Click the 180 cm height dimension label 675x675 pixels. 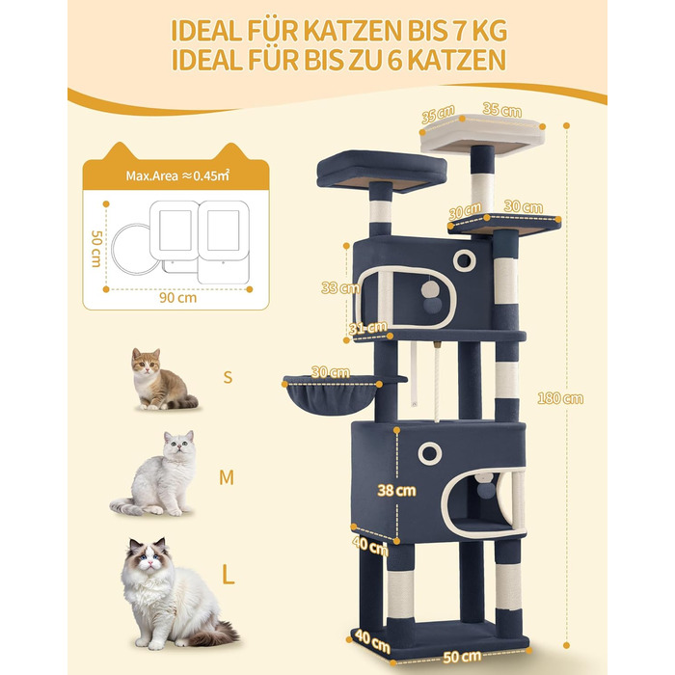[560, 398]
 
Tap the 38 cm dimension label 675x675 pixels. [396, 490]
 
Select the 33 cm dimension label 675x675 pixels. [340, 287]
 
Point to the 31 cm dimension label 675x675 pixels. [367, 328]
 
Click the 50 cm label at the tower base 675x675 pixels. [462, 657]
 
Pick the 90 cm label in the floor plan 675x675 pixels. [177, 297]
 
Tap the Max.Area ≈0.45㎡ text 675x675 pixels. [177, 175]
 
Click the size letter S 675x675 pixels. [228, 377]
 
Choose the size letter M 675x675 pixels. [227, 477]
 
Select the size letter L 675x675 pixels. [228, 575]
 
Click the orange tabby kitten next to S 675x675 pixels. [162, 379]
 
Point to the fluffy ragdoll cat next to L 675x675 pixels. [173, 593]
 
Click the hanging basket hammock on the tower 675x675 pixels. [333, 394]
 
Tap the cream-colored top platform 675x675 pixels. [482, 134]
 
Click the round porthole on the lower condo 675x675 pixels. [430, 454]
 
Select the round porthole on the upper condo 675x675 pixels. [465, 260]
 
